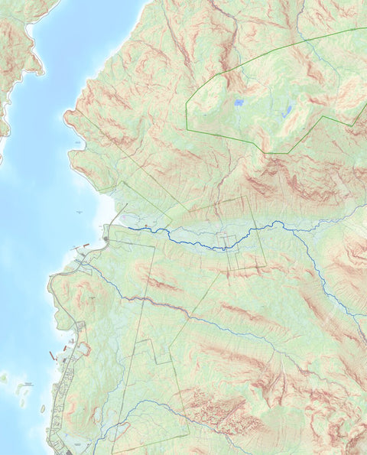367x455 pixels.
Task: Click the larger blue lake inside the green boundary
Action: coord(239,102)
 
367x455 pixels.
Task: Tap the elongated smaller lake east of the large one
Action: coord(287,112)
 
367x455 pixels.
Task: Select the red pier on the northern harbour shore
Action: coord(86,246)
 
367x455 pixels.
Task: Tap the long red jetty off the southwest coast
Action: coord(53,356)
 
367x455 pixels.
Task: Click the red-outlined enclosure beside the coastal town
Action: coord(83,349)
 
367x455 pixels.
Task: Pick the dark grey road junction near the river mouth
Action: coord(106,239)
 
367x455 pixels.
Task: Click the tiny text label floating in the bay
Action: coord(80,211)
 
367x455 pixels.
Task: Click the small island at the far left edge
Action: coord(4,377)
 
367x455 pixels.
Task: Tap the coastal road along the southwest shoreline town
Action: coord(61,398)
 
